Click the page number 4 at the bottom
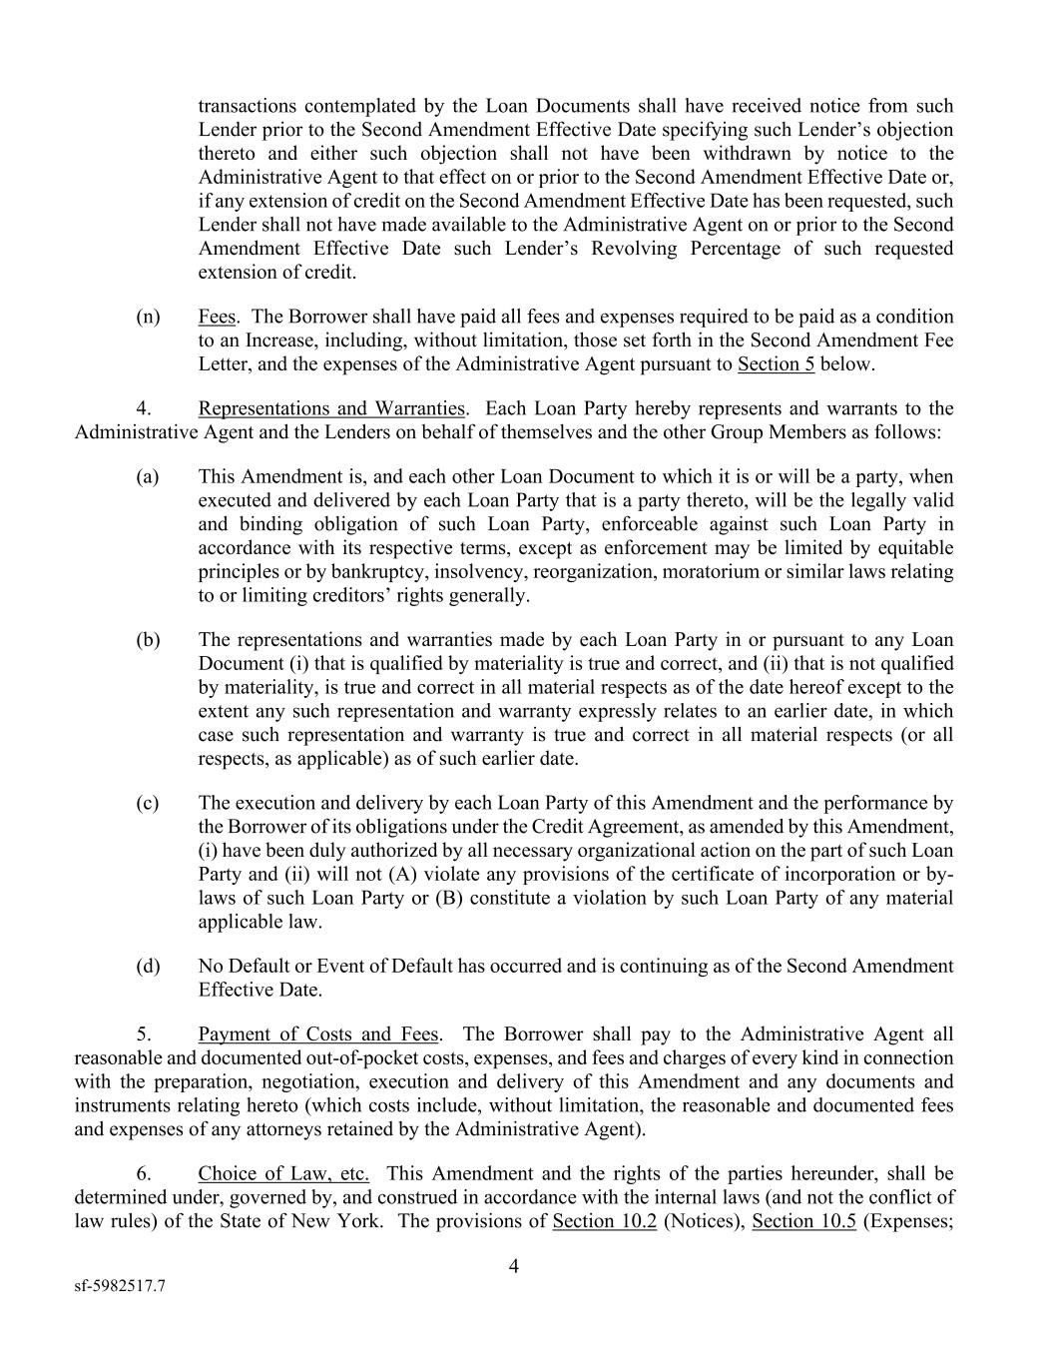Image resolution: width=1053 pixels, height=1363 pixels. click(514, 1267)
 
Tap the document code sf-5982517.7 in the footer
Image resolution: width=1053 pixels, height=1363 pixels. click(120, 1287)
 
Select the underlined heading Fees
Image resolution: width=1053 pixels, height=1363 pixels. click(217, 317)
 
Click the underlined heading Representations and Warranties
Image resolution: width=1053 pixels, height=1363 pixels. click(331, 408)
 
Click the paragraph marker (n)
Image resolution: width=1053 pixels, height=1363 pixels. click(148, 317)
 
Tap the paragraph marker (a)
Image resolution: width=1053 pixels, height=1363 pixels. click(148, 476)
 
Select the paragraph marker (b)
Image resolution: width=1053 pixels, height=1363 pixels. click(148, 640)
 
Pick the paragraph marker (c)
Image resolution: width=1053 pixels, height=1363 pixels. click(148, 803)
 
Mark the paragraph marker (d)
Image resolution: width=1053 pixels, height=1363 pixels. click(148, 967)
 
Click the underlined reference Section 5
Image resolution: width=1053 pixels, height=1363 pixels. click(776, 364)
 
